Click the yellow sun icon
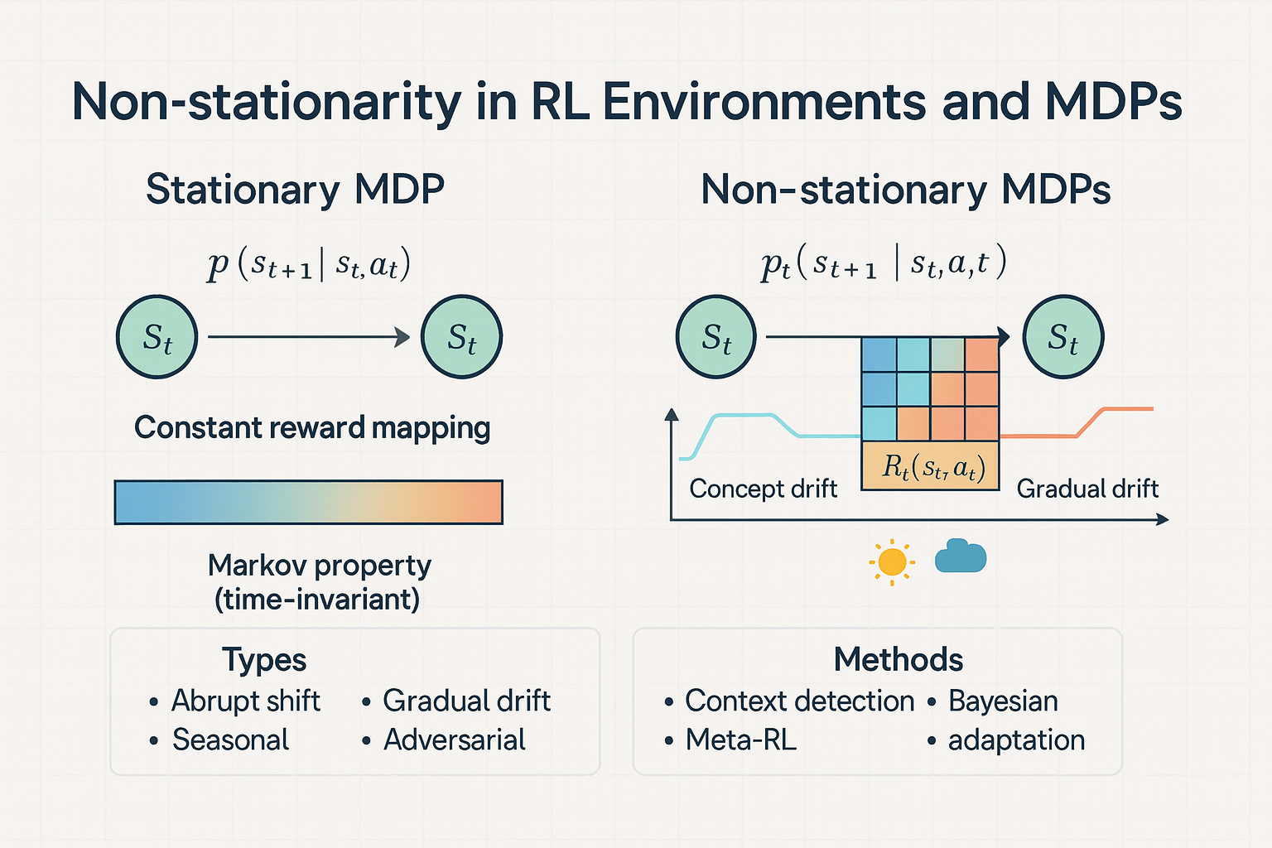[892, 562]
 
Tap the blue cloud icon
[961, 556]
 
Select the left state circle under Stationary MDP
[157, 337]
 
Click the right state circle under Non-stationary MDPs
[1063, 337]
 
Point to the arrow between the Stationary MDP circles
[309, 337]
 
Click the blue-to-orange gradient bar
[309, 502]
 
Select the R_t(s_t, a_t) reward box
[931, 467]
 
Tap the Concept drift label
[763, 489]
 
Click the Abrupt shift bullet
[245, 701]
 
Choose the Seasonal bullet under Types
[230, 740]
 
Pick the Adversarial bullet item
[454, 740]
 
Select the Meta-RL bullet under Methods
[740, 740]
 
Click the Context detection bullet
[799, 701]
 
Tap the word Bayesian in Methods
[1003, 701]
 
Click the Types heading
[264, 660]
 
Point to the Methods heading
[899, 660]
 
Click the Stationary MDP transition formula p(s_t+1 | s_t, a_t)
[309, 265]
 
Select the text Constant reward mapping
[312, 428]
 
